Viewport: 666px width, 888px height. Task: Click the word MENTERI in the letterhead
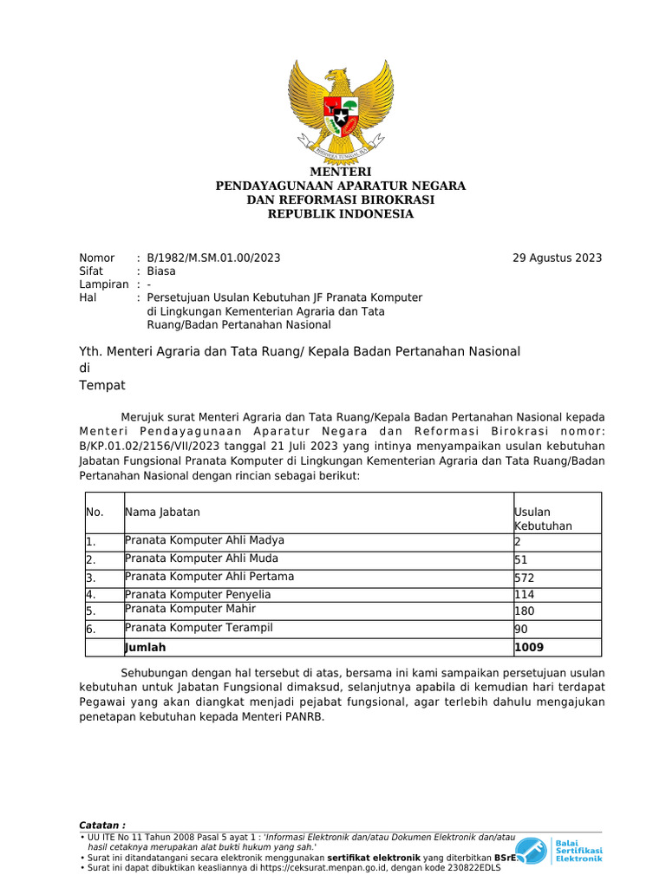(x=341, y=173)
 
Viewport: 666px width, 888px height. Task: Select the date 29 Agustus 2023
(x=557, y=258)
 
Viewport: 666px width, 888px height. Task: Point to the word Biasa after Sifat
(x=161, y=271)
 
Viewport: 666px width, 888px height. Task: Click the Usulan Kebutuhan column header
(x=543, y=519)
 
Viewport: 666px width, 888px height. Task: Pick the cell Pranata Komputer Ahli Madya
(x=205, y=540)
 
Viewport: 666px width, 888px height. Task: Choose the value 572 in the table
(x=525, y=578)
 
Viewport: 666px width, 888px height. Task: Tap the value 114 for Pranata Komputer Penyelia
(x=525, y=595)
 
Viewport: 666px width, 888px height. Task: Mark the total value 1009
(x=529, y=647)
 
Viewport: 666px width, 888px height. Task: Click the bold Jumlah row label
(x=146, y=647)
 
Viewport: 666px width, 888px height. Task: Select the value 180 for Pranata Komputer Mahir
(x=525, y=611)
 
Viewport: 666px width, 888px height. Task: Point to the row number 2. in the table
(x=90, y=560)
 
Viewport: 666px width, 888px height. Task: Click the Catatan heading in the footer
(x=102, y=825)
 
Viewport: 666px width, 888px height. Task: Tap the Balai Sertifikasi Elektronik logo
(x=560, y=850)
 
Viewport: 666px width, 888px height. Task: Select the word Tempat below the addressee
(x=102, y=385)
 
